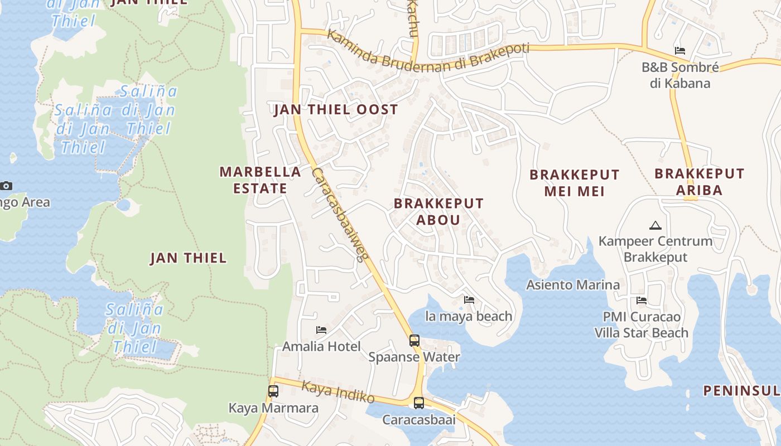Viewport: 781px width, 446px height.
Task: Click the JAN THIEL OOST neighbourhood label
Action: pyautogui.click(x=336, y=109)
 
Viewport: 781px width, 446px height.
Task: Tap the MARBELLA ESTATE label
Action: pyautogui.click(x=260, y=180)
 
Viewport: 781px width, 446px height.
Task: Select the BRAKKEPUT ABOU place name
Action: pyautogui.click(x=438, y=211)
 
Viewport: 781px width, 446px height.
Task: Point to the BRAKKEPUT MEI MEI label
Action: pyautogui.click(x=574, y=183)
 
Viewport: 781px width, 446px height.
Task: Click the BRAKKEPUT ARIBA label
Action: pyautogui.click(x=699, y=182)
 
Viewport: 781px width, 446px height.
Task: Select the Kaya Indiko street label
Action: pyautogui.click(x=338, y=392)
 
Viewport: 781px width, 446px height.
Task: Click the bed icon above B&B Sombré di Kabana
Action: pyautogui.click(x=679, y=51)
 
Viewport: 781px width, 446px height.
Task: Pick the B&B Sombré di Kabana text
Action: pyautogui.click(x=679, y=75)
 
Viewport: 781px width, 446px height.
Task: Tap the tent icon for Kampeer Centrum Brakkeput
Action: pyautogui.click(x=655, y=226)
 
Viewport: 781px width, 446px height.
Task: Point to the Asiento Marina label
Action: pyautogui.click(x=573, y=285)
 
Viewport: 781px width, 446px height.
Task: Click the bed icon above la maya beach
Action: pyautogui.click(x=469, y=300)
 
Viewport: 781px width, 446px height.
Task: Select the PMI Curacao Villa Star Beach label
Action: pyautogui.click(x=641, y=325)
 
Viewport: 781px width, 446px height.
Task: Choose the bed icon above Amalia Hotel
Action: pyautogui.click(x=321, y=330)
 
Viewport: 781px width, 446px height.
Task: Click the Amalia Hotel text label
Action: pyautogui.click(x=321, y=346)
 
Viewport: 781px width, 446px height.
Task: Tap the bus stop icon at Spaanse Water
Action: pyautogui.click(x=414, y=340)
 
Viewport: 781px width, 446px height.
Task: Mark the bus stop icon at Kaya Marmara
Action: pyautogui.click(x=273, y=391)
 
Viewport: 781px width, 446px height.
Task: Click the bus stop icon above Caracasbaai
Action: pyautogui.click(x=418, y=403)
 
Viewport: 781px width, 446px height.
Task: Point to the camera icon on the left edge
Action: pyautogui.click(x=6, y=186)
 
